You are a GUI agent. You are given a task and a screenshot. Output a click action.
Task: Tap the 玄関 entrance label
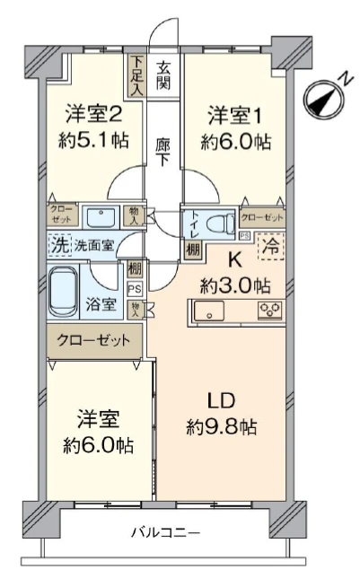(x=163, y=75)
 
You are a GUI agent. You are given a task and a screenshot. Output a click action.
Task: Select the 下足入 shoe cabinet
(x=136, y=76)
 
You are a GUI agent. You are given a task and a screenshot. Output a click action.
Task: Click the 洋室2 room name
(x=93, y=114)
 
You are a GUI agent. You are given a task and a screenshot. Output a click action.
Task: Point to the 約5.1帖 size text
(x=93, y=141)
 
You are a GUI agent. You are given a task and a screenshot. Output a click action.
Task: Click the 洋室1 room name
(x=236, y=115)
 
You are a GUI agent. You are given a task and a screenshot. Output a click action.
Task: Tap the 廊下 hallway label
(x=163, y=152)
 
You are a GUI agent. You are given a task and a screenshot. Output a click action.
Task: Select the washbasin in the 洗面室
(x=101, y=216)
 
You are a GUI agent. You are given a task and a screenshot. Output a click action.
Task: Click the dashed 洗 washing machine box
(x=59, y=245)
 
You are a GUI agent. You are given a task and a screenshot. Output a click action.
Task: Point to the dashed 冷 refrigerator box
(x=271, y=246)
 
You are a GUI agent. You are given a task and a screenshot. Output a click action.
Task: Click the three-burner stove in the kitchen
(x=270, y=311)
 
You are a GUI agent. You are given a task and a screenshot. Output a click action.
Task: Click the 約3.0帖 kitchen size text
(x=235, y=286)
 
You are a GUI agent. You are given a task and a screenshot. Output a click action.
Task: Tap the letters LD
(x=221, y=400)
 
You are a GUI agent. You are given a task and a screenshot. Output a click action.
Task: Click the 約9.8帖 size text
(x=222, y=426)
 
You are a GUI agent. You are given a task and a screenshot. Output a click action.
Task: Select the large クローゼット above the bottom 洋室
(x=94, y=340)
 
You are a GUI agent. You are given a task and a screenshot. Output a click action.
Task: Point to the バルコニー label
(x=165, y=532)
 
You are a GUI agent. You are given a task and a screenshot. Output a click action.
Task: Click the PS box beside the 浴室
(x=135, y=289)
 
